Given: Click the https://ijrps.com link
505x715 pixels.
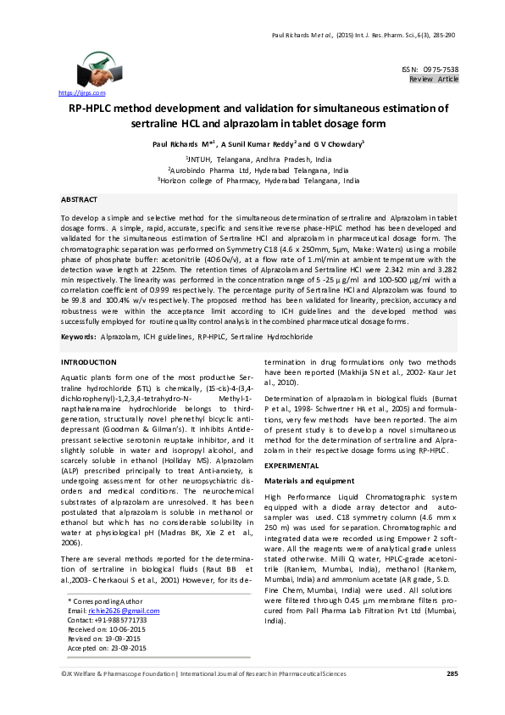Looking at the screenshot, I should coord(81,92).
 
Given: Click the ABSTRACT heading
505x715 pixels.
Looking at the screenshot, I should coord(79,198).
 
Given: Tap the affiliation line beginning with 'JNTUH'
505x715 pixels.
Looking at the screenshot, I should coord(252,159).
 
